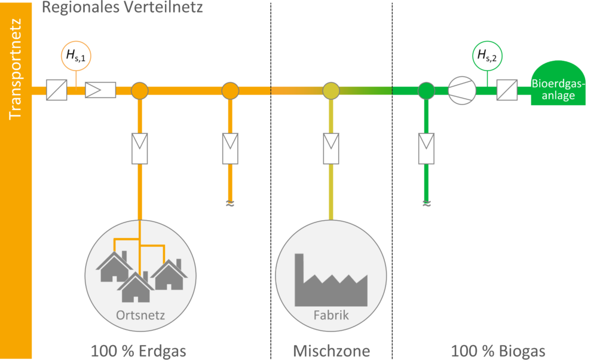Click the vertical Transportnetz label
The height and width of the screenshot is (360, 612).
(16, 69)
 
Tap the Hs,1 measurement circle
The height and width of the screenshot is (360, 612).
(76, 57)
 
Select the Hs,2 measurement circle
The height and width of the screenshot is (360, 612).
(486, 57)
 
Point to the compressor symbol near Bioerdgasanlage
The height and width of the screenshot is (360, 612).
(462, 91)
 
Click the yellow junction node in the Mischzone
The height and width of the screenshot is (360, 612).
(331, 91)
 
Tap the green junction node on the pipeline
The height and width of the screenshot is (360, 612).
(426, 91)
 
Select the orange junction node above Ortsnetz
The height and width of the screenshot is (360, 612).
(139, 91)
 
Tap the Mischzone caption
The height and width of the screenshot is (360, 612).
(331, 350)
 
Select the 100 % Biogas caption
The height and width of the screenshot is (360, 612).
(498, 350)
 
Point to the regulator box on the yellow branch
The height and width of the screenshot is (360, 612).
(331, 148)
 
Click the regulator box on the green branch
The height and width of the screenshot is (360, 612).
(426, 148)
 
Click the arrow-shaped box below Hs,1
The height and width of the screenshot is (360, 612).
(100, 91)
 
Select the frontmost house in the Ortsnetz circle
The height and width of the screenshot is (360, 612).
(136, 288)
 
